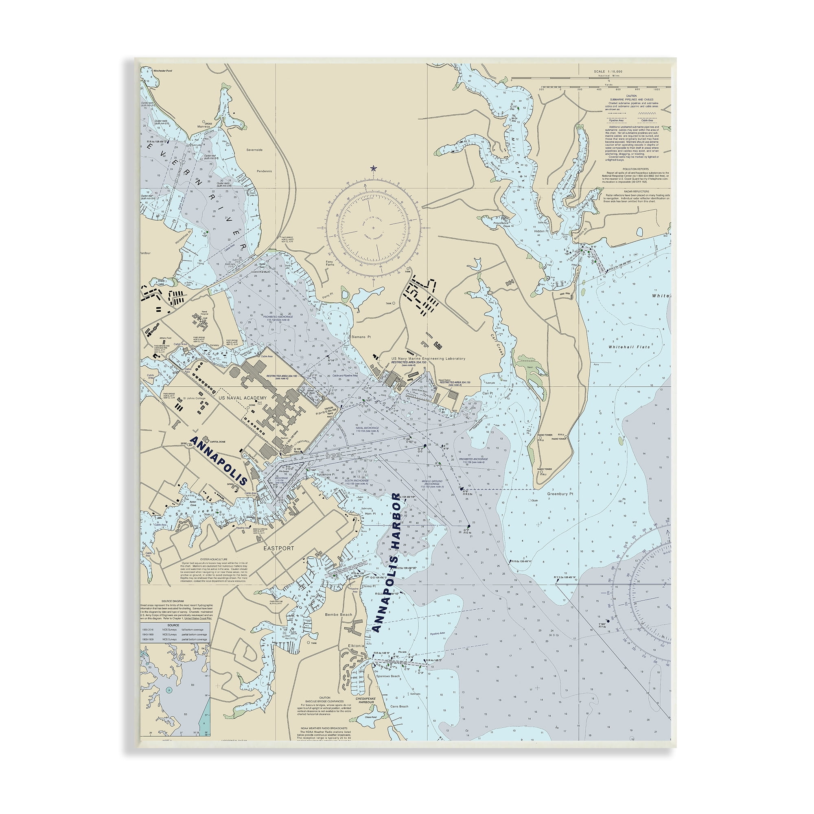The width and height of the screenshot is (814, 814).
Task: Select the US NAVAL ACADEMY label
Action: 242,398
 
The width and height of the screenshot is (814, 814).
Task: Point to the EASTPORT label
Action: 278,548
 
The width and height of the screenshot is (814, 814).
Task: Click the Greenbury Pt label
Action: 560,494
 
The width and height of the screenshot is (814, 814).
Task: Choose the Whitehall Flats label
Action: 629,347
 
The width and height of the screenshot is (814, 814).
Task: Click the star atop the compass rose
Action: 373,168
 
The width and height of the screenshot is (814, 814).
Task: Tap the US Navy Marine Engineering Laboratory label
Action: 428,359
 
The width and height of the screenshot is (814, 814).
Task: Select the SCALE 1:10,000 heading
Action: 608,71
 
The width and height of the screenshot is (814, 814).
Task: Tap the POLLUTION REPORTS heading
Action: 631,169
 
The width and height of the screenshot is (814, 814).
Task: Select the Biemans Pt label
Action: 361,337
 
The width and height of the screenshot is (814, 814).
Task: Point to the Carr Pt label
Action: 488,393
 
